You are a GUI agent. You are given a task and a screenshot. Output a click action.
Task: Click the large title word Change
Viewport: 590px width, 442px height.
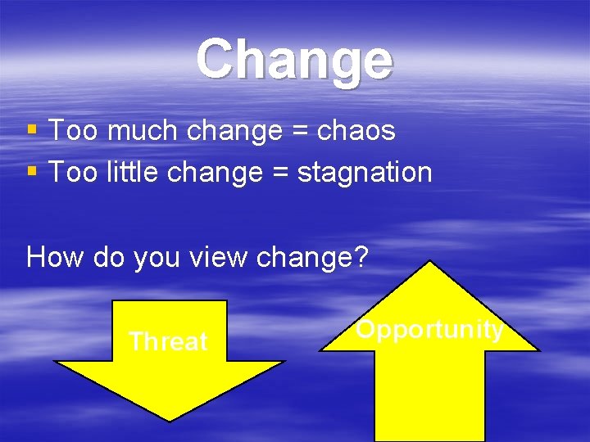(295, 60)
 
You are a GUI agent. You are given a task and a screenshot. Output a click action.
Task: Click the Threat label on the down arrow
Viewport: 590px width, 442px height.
(168, 341)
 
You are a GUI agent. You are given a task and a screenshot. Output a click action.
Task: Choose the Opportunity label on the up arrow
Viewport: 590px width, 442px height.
(429, 329)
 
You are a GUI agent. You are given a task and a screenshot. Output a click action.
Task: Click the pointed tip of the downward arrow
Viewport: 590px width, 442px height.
(169, 420)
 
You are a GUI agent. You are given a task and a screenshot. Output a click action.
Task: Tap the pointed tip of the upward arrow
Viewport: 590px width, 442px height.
(429, 263)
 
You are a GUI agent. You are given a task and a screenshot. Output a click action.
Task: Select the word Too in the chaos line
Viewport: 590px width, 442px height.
(73, 130)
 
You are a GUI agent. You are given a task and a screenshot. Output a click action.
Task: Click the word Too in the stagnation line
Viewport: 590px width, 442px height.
(73, 172)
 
